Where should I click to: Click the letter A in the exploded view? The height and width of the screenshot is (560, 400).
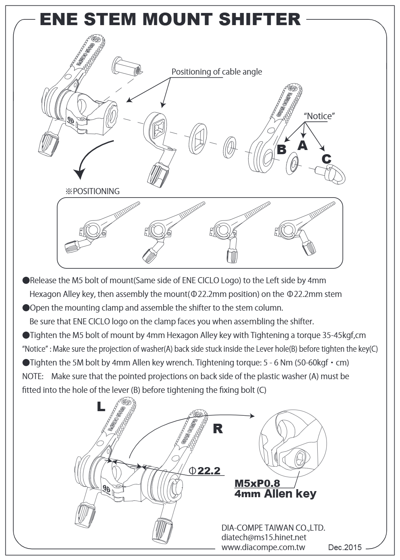coord(302,145)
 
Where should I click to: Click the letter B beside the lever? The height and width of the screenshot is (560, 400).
coord(282,150)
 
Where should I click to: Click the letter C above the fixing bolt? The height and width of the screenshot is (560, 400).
coord(326,158)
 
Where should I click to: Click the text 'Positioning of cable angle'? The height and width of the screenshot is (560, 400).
coord(217,72)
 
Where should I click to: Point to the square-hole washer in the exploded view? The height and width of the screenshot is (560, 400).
coord(198,139)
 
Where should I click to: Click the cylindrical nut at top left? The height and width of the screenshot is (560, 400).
coord(126,67)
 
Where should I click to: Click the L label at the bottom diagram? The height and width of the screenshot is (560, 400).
coord(101,407)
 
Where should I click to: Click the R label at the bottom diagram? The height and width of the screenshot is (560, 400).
coord(218,429)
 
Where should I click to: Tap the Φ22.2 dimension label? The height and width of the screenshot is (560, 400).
coord(205,471)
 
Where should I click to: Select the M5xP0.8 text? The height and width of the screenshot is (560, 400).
coord(257,483)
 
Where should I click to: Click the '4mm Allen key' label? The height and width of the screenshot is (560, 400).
coord(275,494)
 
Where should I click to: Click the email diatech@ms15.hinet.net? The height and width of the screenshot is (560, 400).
coord(264,537)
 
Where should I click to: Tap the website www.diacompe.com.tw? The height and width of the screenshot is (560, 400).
coord(263,547)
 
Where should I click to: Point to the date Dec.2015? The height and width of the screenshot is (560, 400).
coord(345,547)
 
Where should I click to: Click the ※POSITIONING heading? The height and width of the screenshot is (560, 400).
coord(93,191)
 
